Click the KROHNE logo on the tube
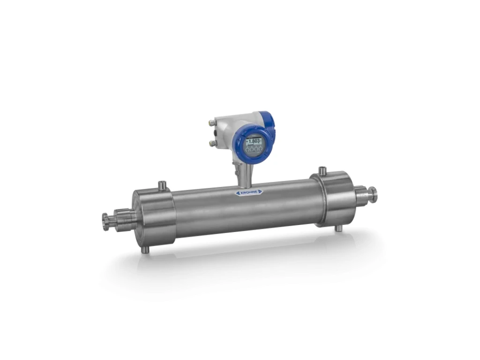click(x=249, y=192)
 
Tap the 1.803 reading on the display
click(x=254, y=141)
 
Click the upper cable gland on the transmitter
click(x=211, y=123)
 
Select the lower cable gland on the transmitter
click(x=211, y=142)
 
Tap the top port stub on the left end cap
click(x=163, y=185)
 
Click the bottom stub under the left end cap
click(x=145, y=250)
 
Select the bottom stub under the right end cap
click(x=338, y=228)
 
